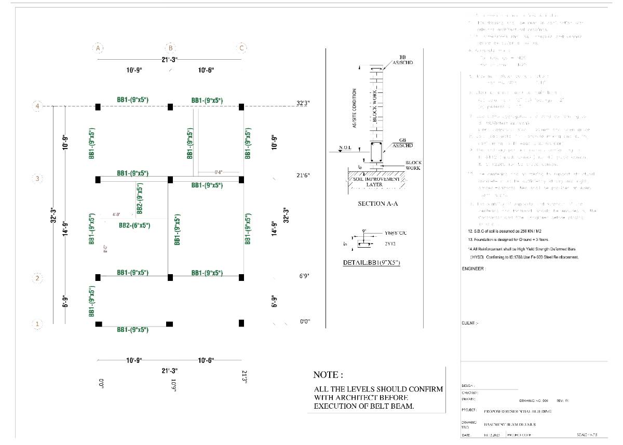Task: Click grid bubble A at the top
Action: pyautogui.click(x=98, y=48)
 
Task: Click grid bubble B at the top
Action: pyautogui.click(x=169, y=48)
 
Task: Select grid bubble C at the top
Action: pyautogui.click(x=241, y=48)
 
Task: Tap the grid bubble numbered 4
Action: pyautogui.click(x=37, y=106)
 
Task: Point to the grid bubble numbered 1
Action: pyautogui.click(x=37, y=325)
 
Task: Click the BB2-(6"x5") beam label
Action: pyautogui.click(x=134, y=225)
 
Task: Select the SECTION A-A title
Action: pyautogui.click(x=378, y=204)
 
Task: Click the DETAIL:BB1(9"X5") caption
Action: pyautogui.click(x=371, y=263)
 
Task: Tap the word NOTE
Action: pyautogui.click(x=328, y=375)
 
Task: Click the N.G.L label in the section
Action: pyautogui.click(x=345, y=148)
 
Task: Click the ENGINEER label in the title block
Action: pyautogui.click(x=473, y=269)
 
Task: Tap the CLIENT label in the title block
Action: pyautogui.click(x=470, y=323)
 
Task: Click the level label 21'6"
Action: pyautogui.click(x=303, y=176)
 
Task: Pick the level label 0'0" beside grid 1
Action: pyautogui.click(x=305, y=322)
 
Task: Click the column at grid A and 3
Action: pyautogui.click(x=98, y=180)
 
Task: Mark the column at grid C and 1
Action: pyautogui.click(x=241, y=323)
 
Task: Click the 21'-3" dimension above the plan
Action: pyautogui.click(x=169, y=60)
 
